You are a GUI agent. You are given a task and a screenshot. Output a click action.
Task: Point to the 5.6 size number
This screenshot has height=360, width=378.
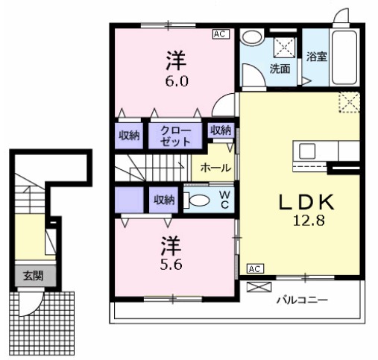pos(170,263)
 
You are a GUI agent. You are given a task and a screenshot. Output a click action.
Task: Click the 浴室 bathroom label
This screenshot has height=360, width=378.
pos(316,56)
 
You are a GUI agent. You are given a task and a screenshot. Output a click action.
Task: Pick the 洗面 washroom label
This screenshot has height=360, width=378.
pos(280,69)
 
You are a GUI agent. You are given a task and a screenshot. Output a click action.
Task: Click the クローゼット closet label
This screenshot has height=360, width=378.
pos(178,136)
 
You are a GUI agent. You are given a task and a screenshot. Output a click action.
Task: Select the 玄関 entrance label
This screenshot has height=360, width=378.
pos(32,275)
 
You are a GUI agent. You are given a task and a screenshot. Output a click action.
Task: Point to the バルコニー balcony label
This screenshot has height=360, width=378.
pos(302,300)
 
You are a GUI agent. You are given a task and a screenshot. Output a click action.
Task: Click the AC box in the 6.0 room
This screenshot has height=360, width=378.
pos(221,34)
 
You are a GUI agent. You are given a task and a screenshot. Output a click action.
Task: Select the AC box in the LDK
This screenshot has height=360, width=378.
pos(254,268)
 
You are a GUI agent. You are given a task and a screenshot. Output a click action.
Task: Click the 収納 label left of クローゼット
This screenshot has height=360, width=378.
pos(129,136)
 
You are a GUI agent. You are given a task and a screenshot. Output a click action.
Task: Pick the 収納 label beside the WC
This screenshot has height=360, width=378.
pos(164,199)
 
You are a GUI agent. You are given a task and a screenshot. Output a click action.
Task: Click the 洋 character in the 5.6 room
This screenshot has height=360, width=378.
pos(170,244)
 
